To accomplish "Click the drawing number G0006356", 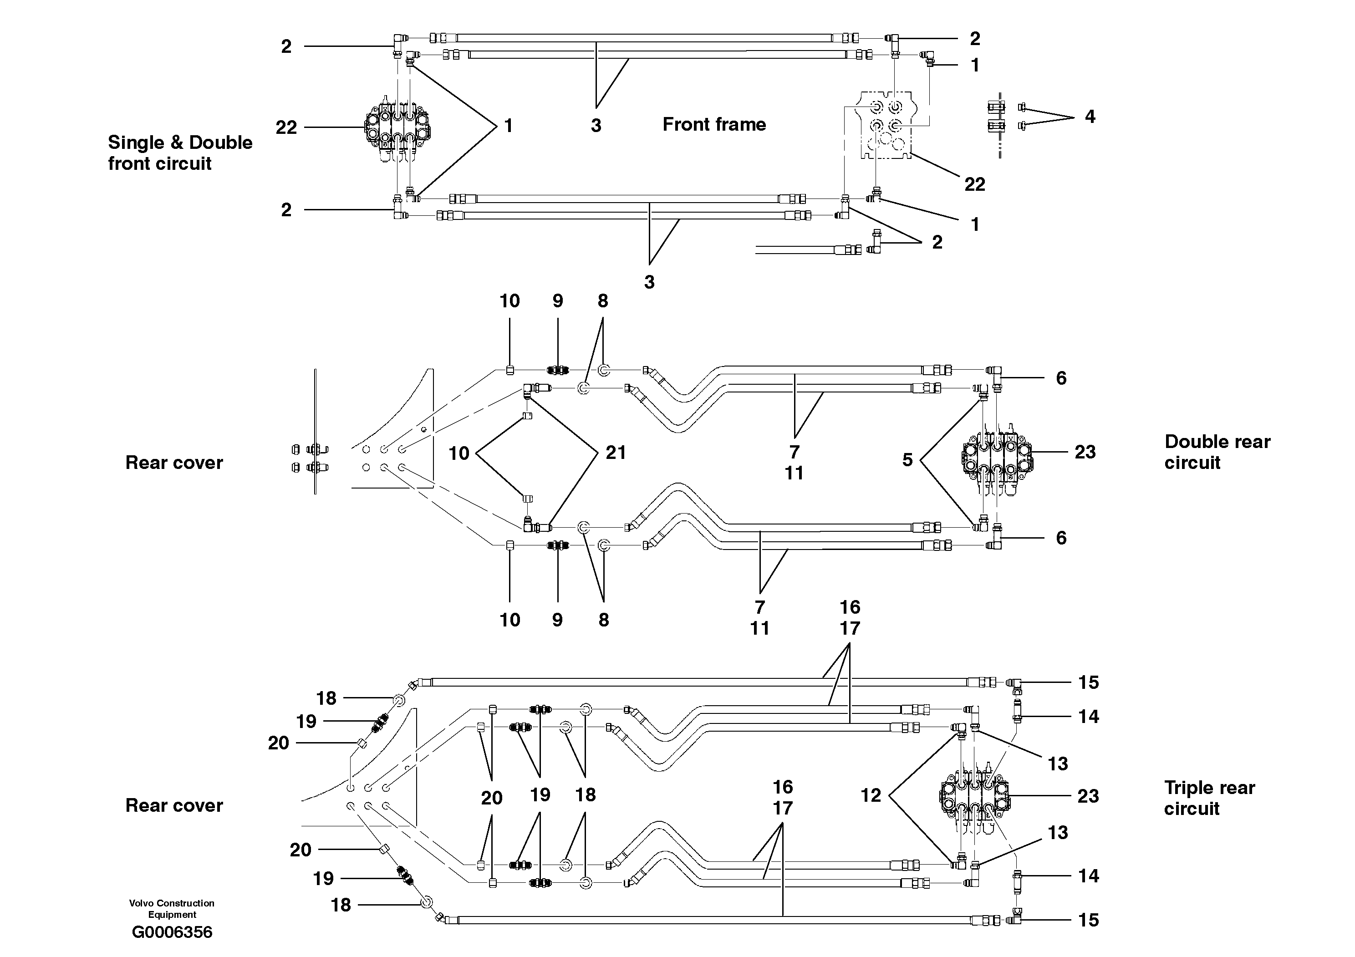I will point(172,932).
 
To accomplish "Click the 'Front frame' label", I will point(714,124).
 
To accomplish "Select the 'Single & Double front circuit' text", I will point(180,153).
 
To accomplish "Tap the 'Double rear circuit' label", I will point(1217,452).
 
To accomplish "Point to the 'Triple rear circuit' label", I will point(1209,798).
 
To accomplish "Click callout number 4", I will point(1090,117).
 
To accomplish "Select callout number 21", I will point(616,453).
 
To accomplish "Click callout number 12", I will point(871,795).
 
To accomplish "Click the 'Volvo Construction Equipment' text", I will point(172,909).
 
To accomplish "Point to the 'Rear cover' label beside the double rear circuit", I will point(174,463).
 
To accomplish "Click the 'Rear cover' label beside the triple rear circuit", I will point(174,805).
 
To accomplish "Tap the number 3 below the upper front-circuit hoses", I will point(596,125).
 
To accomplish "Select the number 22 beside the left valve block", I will point(286,127).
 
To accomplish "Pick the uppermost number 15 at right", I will point(1088,682).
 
